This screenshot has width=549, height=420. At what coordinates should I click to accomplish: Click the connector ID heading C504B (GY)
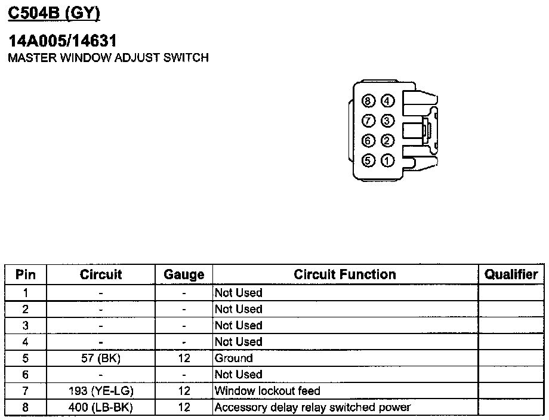coord(54,11)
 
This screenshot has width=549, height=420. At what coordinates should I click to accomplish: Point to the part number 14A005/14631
coord(62,41)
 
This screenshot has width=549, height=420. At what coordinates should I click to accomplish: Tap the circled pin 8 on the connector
coord(369,101)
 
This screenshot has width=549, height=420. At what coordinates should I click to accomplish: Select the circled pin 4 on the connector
coord(387,101)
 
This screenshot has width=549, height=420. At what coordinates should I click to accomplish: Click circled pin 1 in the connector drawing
coord(387,160)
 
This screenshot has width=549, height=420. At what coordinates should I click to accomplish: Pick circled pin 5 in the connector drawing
coord(369,160)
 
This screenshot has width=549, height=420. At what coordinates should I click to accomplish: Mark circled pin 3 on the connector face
coord(387,121)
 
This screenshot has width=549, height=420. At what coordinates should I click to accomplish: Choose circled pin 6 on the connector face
coord(369,141)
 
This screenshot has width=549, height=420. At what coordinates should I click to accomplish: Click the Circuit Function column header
coord(345,274)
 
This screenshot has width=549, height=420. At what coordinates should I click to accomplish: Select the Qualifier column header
coord(511,274)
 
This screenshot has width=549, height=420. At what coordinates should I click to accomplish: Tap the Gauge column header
coord(184,274)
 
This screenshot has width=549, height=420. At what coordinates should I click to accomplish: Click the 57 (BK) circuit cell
coord(101,359)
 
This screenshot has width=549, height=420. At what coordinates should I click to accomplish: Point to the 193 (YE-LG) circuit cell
coord(101,391)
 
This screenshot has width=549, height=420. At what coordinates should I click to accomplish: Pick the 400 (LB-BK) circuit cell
coord(101,407)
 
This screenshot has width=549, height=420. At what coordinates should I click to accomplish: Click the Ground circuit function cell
coord(234,359)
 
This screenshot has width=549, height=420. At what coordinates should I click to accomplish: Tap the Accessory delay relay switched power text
coord(313,407)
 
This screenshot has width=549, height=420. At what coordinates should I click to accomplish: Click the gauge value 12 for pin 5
coord(184,359)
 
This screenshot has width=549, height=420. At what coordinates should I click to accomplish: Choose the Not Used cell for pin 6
coord(238,375)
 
